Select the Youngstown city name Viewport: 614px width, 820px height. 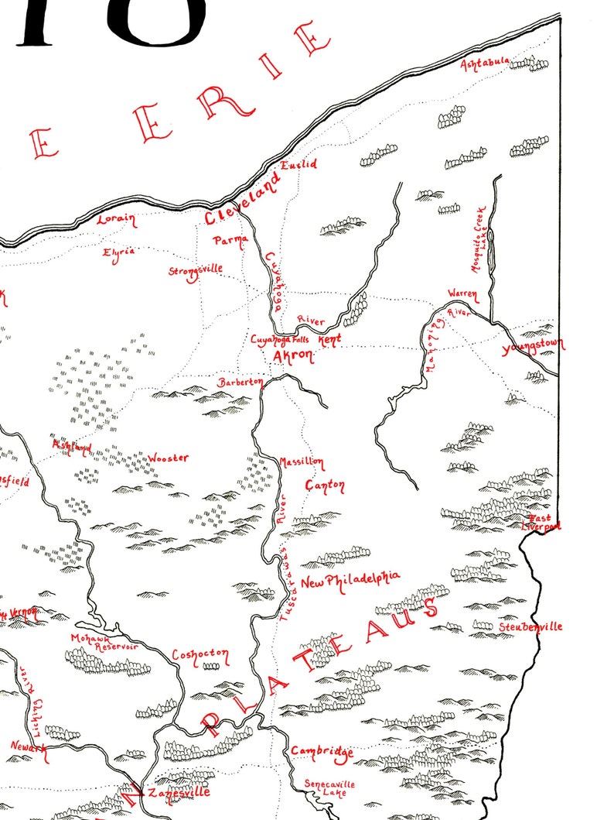[x=534, y=346]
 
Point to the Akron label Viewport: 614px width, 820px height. [x=293, y=356]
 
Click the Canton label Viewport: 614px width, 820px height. [x=325, y=485]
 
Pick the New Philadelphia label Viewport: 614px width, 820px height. [x=350, y=579]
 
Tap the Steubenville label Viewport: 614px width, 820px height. [x=530, y=626]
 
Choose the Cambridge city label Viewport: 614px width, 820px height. [x=322, y=752]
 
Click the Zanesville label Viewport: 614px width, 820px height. [x=179, y=793]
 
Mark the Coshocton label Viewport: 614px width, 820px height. [x=200, y=655]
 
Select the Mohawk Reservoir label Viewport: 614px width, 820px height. [x=99, y=643]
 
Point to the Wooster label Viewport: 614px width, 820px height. [x=168, y=458]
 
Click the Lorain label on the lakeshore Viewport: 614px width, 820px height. [x=116, y=220]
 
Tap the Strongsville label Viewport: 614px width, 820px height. [x=196, y=270]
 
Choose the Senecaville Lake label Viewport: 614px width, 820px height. [x=329, y=788]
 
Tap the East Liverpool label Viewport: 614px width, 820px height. [x=541, y=522]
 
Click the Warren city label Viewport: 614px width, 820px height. [x=463, y=294]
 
